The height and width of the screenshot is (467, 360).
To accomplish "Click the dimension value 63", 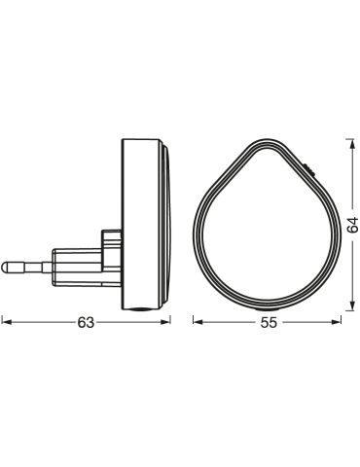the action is coord(86,322).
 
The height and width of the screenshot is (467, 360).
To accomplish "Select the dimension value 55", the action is coord(270,322).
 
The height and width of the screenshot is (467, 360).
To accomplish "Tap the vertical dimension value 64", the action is coord(352,225).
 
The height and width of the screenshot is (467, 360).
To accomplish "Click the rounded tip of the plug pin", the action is coord(4,267).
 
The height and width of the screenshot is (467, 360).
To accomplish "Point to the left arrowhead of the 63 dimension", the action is coord(7,322).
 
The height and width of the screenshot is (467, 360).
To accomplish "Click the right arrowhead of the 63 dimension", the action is coord(165,322).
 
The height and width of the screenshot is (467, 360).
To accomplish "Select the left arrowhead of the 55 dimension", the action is coord(198,322).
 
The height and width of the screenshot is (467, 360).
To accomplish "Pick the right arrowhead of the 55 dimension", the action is coord(337,322).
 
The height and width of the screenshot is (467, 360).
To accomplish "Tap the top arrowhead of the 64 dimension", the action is coord(351,144).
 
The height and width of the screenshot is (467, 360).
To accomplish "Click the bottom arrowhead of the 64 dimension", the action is coord(351,305).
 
